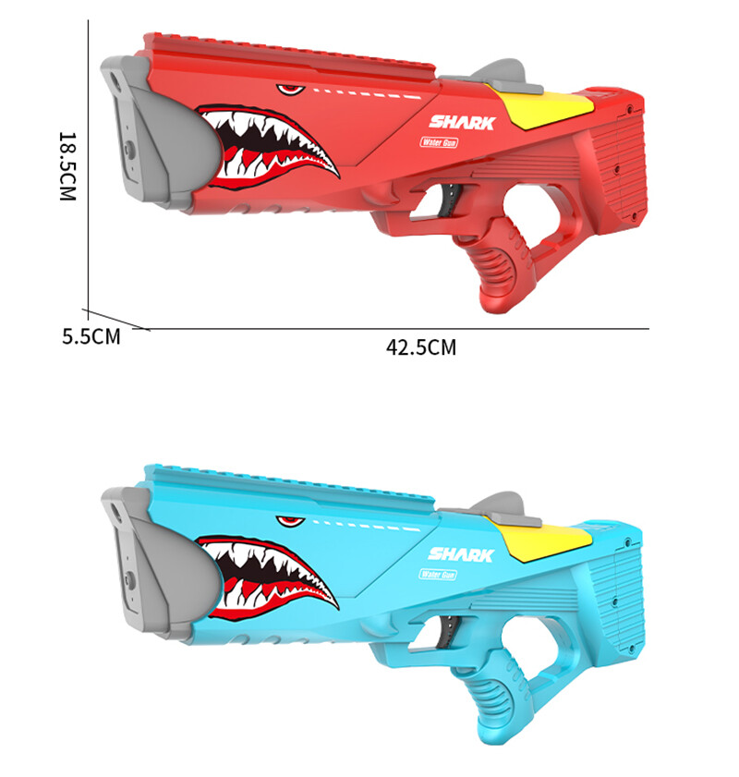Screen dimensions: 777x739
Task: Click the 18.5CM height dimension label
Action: click(67, 166)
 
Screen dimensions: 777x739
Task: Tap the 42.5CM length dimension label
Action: click(421, 348)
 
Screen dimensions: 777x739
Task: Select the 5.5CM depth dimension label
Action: click(91, 336)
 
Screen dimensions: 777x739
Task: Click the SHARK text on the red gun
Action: click(462, 122)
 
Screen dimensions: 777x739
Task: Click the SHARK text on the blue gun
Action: click(462, 554)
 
